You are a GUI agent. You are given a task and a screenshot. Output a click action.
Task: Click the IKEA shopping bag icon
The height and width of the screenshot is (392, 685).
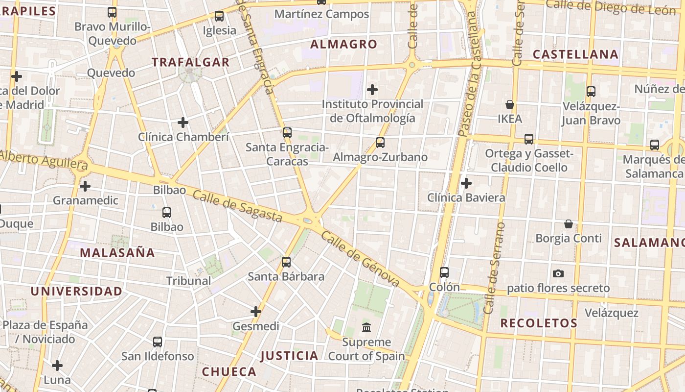tap(510, 104)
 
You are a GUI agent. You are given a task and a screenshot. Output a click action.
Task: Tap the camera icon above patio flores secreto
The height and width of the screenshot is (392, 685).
tap(558, 273)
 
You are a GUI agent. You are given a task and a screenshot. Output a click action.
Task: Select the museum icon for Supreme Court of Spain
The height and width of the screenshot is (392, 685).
tap(366, 327)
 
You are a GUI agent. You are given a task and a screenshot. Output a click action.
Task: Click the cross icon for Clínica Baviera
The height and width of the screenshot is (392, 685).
tap(466, 183)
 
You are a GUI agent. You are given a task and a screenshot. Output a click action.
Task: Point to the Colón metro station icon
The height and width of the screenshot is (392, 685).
tap(444, 272)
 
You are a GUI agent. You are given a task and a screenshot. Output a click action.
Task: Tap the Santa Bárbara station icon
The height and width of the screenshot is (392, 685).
tap(286, 262)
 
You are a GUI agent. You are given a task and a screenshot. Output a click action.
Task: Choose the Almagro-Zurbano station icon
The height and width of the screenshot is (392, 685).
tap(380, 143)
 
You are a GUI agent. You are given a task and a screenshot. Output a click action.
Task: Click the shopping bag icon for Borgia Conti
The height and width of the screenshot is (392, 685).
tap(569, 224)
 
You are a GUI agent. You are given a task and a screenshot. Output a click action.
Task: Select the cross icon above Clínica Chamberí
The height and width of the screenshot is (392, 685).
tap(183, 122)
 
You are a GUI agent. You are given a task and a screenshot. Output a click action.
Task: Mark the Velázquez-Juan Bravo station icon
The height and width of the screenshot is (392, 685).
tap(591, 91)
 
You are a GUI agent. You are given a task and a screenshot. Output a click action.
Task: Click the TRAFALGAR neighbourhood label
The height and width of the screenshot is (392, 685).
tap(190, 62)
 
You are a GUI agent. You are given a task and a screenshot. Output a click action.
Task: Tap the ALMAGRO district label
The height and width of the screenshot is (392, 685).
tap(344, 45)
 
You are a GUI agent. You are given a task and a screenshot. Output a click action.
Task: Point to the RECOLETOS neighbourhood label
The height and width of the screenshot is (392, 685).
tap(539, 323)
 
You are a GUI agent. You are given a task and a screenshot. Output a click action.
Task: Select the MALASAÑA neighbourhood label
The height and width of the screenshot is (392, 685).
tap(117, 253)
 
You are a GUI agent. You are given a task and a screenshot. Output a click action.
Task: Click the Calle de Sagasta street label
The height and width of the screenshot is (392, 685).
tap(237, 206)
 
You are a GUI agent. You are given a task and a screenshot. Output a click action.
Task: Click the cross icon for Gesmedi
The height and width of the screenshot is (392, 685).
tap(256, 312)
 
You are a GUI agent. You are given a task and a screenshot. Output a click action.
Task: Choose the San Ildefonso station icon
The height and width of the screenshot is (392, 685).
tap(157, 342)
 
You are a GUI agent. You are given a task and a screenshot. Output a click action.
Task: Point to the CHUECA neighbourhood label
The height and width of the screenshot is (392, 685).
tap(229, 371)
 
